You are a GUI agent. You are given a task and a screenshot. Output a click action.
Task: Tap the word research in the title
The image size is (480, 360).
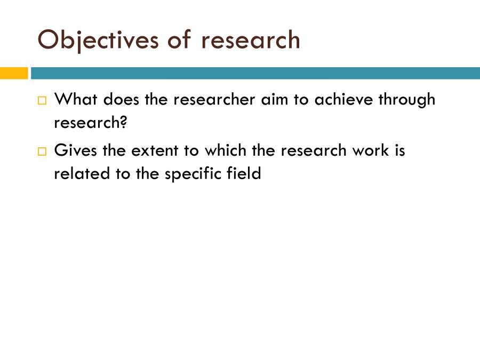[x=250, y=40]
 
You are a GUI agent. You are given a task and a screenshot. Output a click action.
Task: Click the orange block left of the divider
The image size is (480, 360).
[x=13, y=73]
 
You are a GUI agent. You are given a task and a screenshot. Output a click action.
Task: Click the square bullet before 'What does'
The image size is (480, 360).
[x=42, y=100]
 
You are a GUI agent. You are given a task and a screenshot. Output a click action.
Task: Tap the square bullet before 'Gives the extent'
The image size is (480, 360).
[x=42, y=151]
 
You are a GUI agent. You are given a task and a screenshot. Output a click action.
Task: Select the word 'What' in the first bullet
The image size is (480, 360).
[x=76, y=99]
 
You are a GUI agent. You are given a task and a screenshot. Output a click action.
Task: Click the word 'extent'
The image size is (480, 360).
[x=154, y=150]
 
